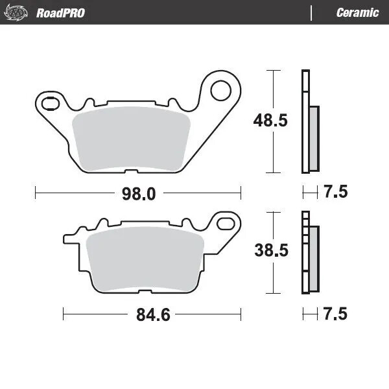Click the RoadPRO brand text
click(x=60, y=12)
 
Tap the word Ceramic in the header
click(x=357, y=12)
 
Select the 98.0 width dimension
click(x=137, y=193)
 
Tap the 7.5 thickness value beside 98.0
click(x=335, y=192)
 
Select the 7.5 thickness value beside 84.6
click(x=335, y=314)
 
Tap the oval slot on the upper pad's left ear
click(x=48, y=101)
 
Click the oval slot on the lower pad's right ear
click(x=227, y=223)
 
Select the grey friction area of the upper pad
click(x=129, y=139)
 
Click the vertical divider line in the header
click(x=312, y=12)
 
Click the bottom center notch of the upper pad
click(x=130, y=172)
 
